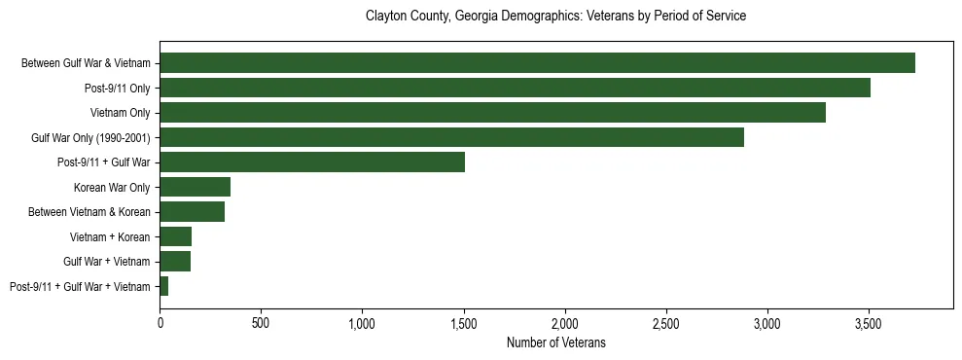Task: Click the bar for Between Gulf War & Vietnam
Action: click(537, 63)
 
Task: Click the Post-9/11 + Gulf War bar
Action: click(312, 162)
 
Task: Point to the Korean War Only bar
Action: click(195, 187)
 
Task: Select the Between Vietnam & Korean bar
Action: click(192, 211)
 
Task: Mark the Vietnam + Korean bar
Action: click(175, 236)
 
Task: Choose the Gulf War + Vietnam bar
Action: click(175, 261)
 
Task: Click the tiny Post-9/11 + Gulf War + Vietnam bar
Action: click(164, 286)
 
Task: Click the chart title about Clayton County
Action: click(555, 17)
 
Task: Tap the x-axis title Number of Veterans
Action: click(555, 342)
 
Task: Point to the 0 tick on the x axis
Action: click(160, 322)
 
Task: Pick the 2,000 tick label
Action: click(564, 322)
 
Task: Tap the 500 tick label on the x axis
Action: click(261, 322)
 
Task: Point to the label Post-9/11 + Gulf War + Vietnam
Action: click(80, 286)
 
